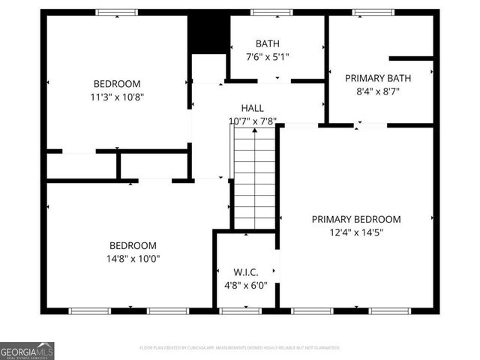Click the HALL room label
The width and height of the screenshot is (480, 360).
pyautogui.click(x=252, y=108)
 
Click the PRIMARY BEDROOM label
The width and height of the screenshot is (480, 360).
pyautogui.click(x=356, y=219)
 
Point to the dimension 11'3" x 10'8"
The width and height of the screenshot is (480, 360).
pyautogui.click(x=116, y=97)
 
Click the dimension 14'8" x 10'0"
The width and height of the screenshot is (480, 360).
pyautogui.click(x=133, y=259)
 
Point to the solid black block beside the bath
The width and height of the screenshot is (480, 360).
pyautogui.click(x=208, y=34)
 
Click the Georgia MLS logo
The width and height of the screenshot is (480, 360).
pyautogui.click(x=27, y=350)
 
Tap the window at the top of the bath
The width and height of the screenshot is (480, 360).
pyautogui.click(x=271, y=12)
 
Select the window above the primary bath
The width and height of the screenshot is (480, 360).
pyautogui.click(x=373, y=12)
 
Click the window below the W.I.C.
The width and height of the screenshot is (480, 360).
pyautogui.click(x=241, y=310)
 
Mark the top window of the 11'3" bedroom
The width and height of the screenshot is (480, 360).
pyautogui.click(x=117, y=12)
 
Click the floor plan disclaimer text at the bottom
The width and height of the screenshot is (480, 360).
pyautogui.click(x=240, y=348)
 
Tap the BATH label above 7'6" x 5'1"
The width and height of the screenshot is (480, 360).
pyautogui.click(x=267, y=43)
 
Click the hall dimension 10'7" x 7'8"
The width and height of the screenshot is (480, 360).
pyautogui.click(x=253, y=121)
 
